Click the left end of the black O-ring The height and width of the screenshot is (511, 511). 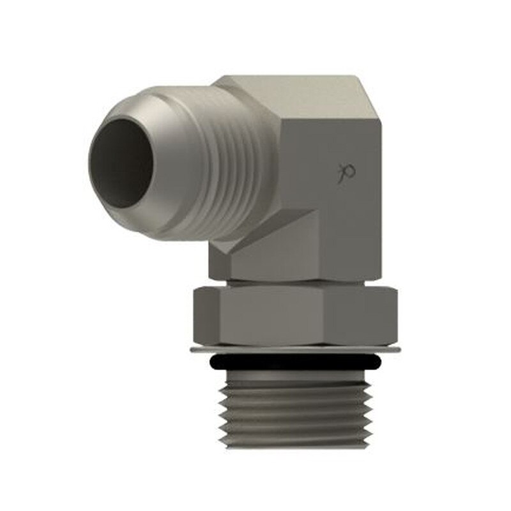213,363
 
